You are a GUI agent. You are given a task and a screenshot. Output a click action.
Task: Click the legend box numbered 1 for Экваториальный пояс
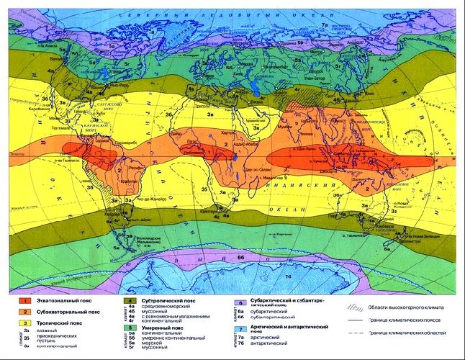[x=23, y=300]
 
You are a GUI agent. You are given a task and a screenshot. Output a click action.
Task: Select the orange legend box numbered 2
[x=23, y=312]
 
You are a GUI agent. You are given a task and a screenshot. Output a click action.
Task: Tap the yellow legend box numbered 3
[x=23, y=325]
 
